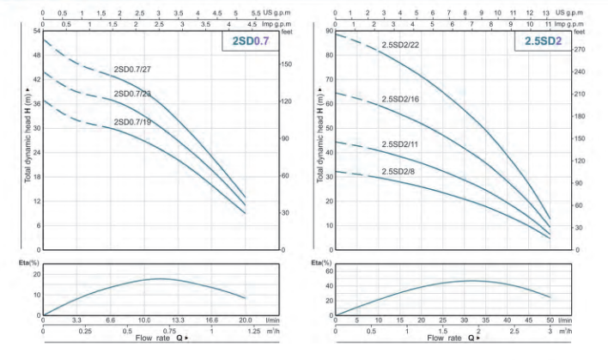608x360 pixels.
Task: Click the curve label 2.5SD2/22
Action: pos(400,44)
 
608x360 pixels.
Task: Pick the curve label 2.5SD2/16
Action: pos(400,100)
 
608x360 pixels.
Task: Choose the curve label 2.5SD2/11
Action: pos(399,144)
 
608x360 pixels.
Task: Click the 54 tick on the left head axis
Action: pos(37,31)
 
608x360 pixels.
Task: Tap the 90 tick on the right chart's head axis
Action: pos(329,31)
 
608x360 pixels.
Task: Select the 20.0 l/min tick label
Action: pos(245,319)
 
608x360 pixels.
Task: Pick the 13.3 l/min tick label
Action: pos(178,319)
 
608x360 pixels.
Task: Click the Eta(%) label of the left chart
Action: pos(32,260)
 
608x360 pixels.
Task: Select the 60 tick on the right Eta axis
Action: pos(328,269)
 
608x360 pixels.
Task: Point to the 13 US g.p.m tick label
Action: pos(546,14)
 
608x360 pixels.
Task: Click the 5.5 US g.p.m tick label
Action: pos(255,14)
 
